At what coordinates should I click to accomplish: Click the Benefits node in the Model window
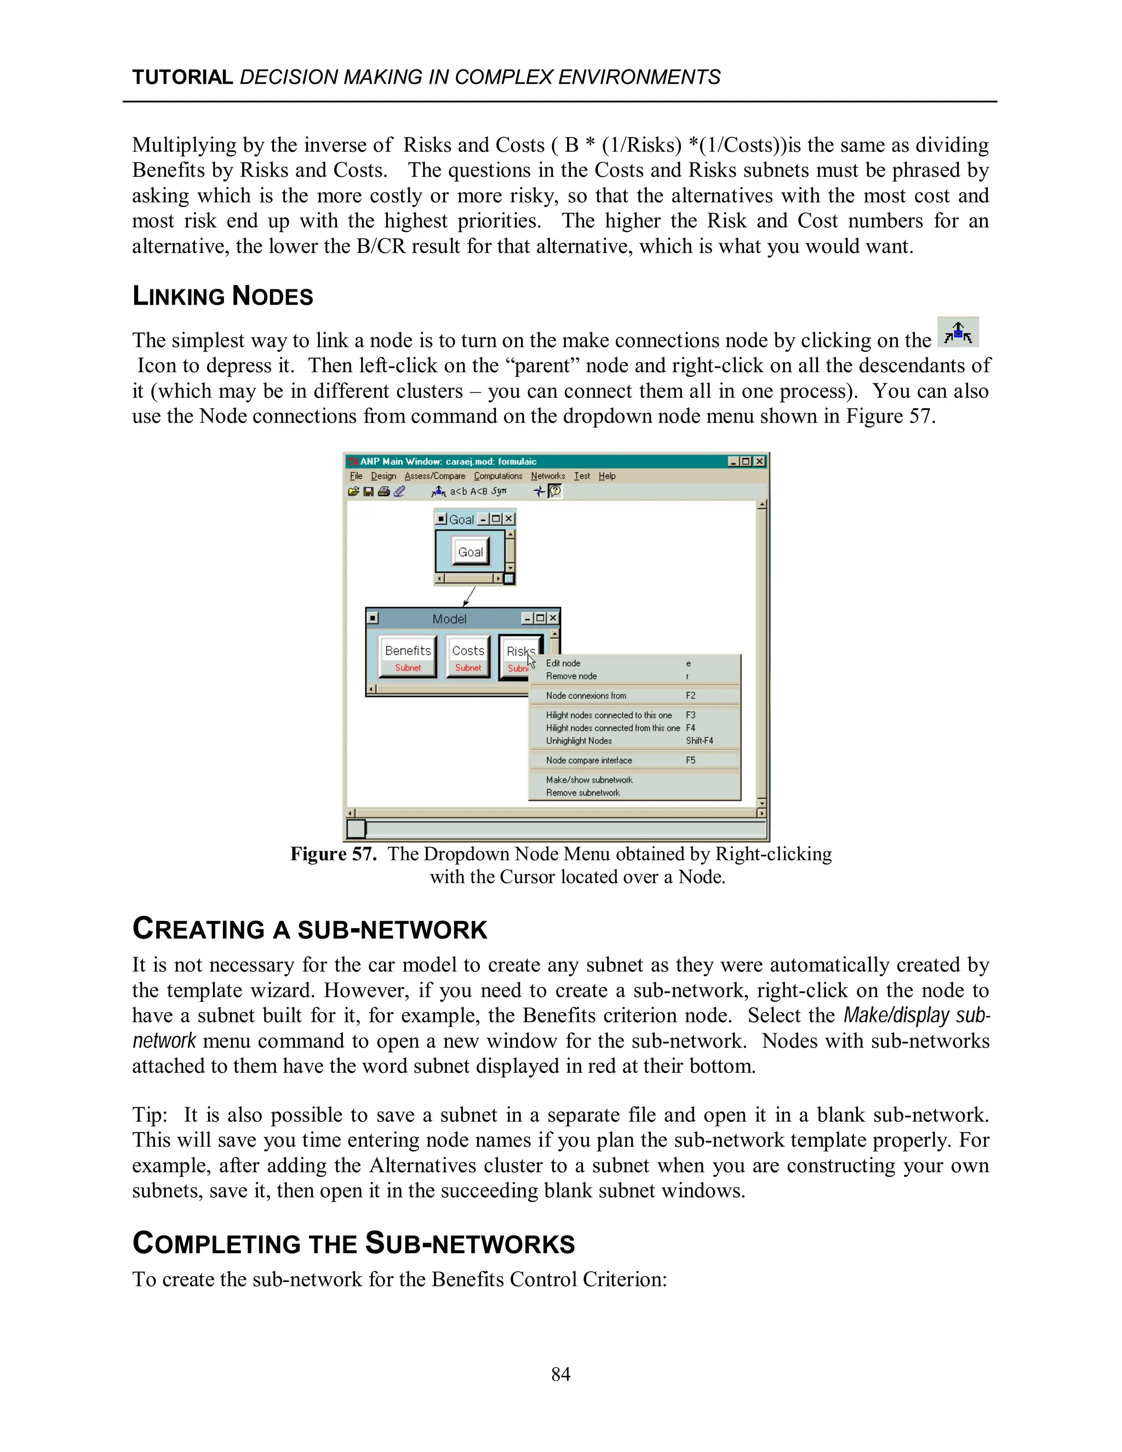tap(408, 656)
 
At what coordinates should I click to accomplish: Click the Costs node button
tap(468, 656)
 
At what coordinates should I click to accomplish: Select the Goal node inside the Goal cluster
tap(470, 552)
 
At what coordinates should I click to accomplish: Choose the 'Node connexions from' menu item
tap(586, 695)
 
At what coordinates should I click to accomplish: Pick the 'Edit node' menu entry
tap(563, 663)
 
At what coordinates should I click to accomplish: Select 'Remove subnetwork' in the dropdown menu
tap(582, 792)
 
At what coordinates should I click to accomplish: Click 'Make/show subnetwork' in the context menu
tap(589, 780)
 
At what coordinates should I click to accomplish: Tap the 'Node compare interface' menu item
tap(589, 760)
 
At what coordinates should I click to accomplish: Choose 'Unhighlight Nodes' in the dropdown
tap(579, 741)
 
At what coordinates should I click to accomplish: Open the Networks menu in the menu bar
tap(548, 476)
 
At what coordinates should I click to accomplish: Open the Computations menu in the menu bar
tap(498, 476)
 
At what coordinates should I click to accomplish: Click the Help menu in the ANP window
tap(607, 476)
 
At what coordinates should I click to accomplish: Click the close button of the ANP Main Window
tap(759, 461)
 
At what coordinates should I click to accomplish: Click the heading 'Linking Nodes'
tap(222, 296)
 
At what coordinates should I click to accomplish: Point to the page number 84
tap(560, 1374)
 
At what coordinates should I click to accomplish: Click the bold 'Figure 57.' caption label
tap(333, 854)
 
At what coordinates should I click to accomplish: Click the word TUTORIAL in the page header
tap(182, 77)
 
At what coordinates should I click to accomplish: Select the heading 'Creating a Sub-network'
tap(310, 929)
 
